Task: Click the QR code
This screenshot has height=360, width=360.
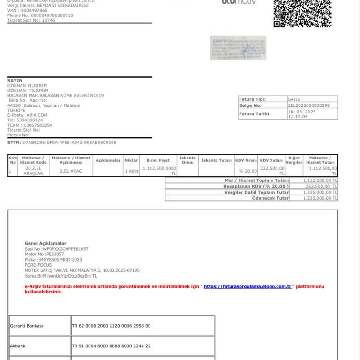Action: point(302,13)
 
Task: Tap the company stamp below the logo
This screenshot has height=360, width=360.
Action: point(238,48)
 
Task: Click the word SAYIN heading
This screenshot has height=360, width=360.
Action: point(15,81)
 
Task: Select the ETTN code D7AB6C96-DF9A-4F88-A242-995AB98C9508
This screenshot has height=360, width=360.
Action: point(69,142)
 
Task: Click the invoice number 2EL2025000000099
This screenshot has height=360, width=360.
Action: point(308,106)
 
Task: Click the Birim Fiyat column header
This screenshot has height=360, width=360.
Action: point(158,160)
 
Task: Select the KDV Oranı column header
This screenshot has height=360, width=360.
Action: point(246,160)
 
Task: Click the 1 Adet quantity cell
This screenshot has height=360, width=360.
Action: point(131,171)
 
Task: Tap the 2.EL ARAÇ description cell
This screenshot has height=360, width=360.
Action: point(71,171)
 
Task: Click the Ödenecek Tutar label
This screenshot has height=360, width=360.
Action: point(270,198)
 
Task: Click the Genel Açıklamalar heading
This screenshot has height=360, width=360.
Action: point(45,243)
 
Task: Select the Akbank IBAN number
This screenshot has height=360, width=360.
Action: point(111,346)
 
